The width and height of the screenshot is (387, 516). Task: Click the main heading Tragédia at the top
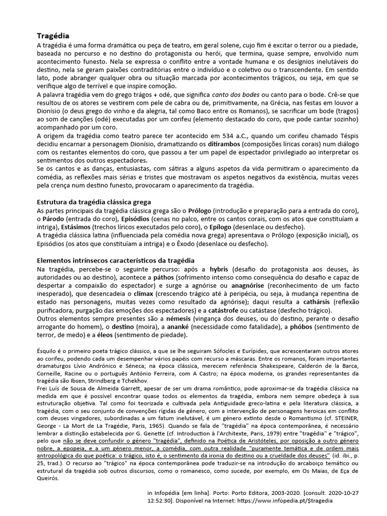(x=53, y=36)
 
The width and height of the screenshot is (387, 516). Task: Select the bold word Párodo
(x=55, y=219)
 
